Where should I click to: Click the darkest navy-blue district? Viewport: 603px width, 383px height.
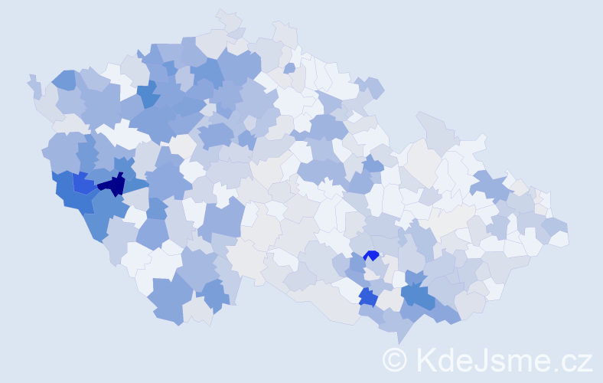[x=112, y=185]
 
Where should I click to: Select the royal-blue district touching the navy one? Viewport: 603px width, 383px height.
[x=83, y=184]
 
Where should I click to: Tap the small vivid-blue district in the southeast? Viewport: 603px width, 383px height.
[x=372, y=255]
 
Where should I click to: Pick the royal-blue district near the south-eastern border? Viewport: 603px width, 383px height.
[x=367, y=297]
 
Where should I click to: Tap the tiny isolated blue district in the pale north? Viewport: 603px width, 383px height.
[x=289, y=68]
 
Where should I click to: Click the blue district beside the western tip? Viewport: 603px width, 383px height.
[x=64, y=78]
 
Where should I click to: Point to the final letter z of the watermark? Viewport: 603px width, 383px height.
[x=585, y=361]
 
